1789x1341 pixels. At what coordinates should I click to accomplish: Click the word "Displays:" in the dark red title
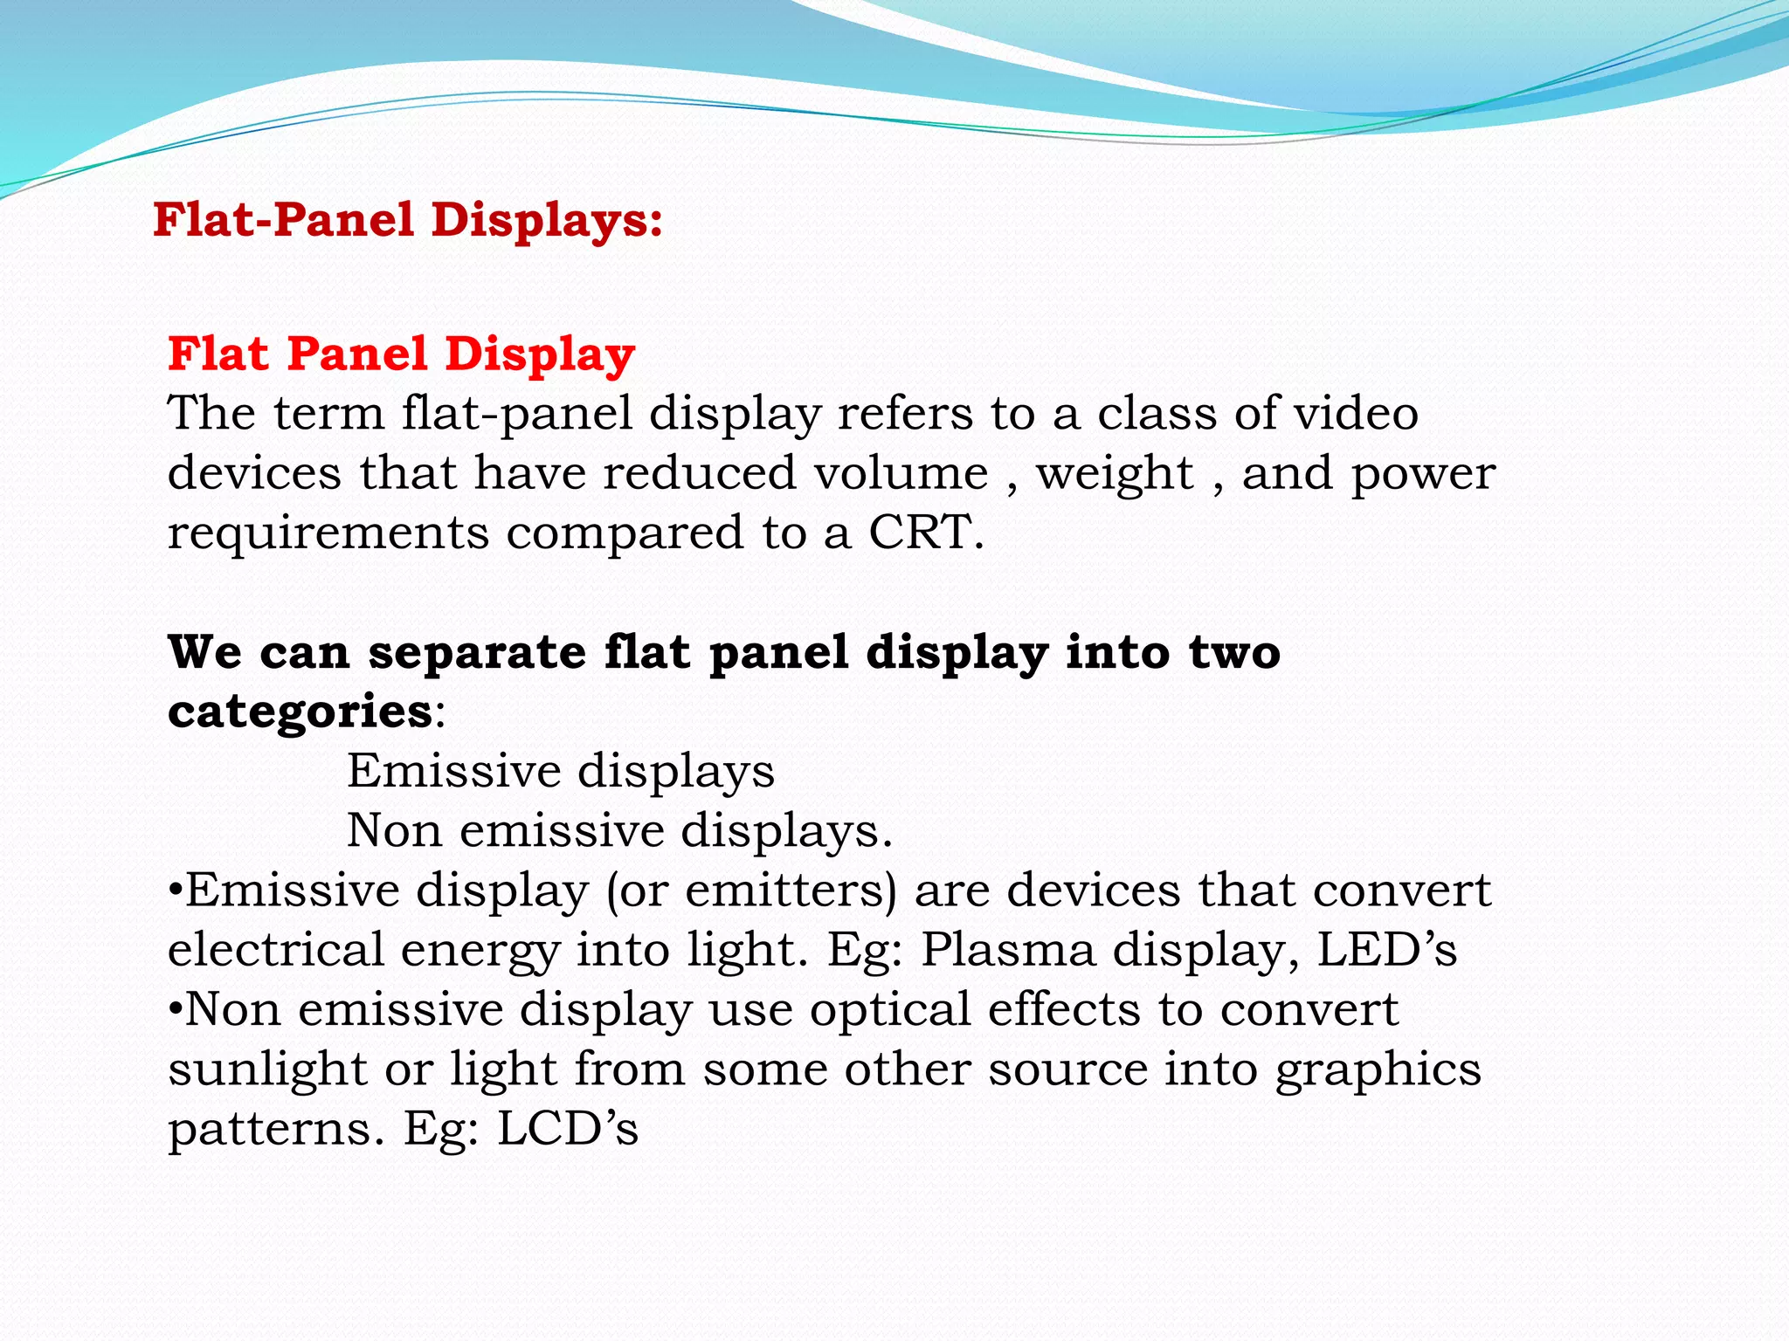pos(547,219)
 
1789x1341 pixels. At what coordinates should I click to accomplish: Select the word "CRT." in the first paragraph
pos(926,532)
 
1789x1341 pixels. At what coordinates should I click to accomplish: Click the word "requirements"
pos(328,533)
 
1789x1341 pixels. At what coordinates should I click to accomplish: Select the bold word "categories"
pos(300,712)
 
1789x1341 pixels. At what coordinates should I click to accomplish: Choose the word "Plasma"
pos(1008,950)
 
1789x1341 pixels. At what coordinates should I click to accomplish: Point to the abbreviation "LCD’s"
pos(568,1129)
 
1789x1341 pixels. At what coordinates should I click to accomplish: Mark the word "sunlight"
pos(266,1069)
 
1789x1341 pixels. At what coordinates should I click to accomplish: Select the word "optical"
pos(889,1010)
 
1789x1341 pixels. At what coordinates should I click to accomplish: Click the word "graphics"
pos(1378,1069)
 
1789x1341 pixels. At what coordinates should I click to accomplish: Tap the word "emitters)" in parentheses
pos(791,891)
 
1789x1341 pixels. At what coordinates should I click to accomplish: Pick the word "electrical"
pos(275,950)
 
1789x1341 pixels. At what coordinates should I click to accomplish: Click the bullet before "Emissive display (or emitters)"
pos(175,892)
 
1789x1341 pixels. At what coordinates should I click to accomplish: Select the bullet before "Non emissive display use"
pos(175,1011)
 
